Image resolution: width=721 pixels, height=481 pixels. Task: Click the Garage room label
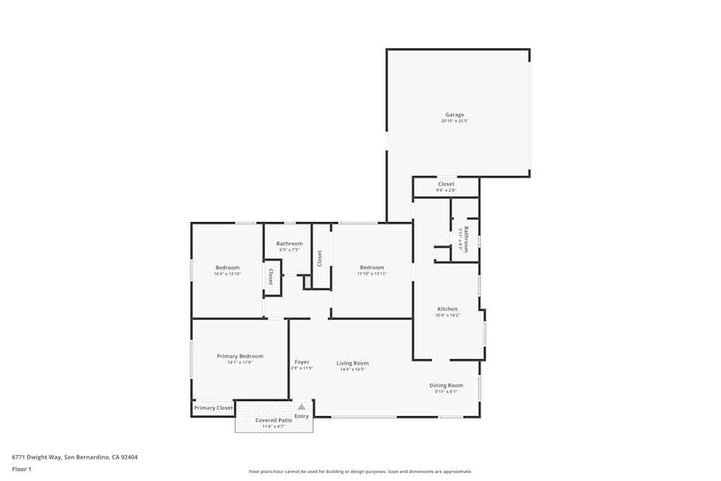(x=454, y=115)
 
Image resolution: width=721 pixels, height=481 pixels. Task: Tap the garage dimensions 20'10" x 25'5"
(x=454, y=121)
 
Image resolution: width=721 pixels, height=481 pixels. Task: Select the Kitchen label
(x=447, y=309)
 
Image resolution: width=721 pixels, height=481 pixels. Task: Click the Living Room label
(x=353, y=363)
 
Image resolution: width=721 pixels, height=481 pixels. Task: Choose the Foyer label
(x=301, y=362)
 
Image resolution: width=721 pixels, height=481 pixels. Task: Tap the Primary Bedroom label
(x=240, y=356)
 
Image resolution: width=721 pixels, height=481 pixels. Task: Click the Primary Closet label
(x=213, y=408)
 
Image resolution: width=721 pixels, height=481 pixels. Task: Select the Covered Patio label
(x=273, y=420)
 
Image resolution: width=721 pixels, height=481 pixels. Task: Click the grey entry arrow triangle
(x=301, y=407)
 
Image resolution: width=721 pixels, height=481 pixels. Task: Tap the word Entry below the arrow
(x=301, y=416)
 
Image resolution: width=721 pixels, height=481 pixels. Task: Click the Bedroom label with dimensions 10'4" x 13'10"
(x=226, y=268)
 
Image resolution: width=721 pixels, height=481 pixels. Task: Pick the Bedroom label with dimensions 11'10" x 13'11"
(x=372, y=268)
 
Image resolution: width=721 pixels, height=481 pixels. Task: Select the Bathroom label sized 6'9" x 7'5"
(x=289, y=244)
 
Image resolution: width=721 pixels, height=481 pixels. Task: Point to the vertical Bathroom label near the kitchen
(x=466, y=239)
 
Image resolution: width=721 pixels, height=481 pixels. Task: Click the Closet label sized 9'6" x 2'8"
(x=446, y=184)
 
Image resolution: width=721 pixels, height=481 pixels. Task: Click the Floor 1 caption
(x=22, y=469)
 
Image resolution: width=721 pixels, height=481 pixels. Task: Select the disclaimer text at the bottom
(x=360, y=472)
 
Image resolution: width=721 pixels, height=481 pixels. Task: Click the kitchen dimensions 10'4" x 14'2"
(x=447, y=315)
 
